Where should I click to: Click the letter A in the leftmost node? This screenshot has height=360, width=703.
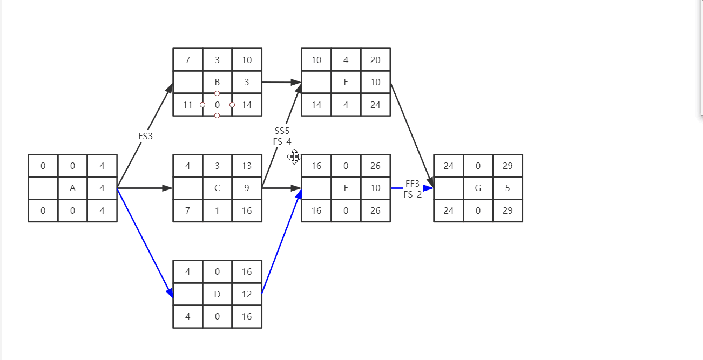(x=72, y=188)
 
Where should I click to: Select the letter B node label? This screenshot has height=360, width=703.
(x=217, y=83)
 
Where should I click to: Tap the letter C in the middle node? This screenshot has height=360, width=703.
(x=217, y=188)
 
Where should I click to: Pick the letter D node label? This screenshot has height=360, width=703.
(x=217, y=294)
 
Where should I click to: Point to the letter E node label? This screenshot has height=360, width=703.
(x=346, y=83)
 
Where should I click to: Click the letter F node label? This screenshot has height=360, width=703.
(x=346, y=188)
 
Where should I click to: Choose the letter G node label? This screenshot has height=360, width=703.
(x=478, y=188)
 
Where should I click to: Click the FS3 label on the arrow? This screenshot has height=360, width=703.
(x=146, y=137)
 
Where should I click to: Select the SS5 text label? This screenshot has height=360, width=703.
(x=282, y=131)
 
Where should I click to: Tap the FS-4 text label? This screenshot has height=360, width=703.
(x=282, y=141)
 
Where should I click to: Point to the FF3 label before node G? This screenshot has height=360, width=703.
(x=413, y=184)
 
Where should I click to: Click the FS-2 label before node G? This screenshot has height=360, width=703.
(x=413, y=194)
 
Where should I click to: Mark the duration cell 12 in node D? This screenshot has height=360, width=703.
(x=247, y=294)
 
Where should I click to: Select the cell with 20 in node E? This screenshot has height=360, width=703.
(x=375, y=60)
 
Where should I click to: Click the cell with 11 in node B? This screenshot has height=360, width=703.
(x=187, y=105)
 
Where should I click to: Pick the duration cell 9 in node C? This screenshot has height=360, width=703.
(x=247, y=188)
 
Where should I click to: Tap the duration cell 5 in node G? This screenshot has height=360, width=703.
(x=508, y=188)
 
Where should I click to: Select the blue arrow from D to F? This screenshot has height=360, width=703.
(x=281, y=241)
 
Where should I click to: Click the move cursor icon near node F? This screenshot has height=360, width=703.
(x=294, y=157)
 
